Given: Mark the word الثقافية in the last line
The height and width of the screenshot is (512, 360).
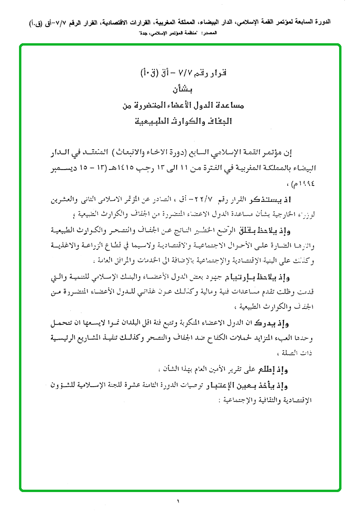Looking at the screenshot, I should [x=255, y=400].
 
